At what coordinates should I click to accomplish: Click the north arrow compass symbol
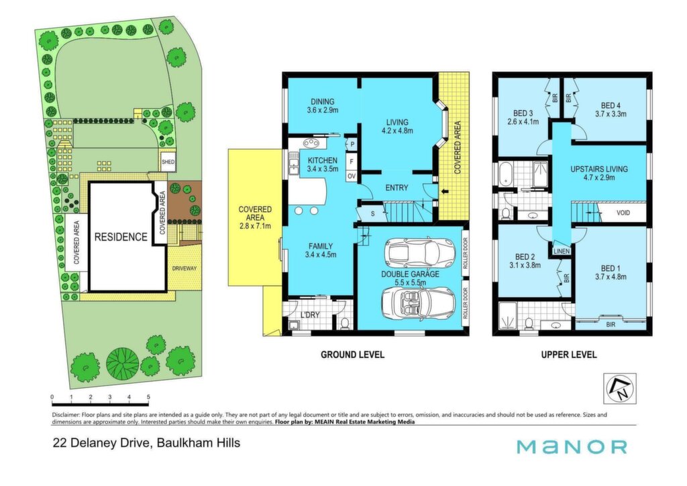619,388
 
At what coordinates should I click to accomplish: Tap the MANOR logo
572,447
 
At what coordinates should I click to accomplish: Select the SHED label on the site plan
168,162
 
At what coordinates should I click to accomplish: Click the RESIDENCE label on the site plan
121,237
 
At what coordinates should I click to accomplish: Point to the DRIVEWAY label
184,268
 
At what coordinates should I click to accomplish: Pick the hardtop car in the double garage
419,253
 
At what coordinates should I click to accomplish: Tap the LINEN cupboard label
562,251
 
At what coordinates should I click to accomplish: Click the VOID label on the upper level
623,212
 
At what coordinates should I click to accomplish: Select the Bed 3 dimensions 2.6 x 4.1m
523,122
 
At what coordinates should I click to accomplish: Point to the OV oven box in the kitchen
352,176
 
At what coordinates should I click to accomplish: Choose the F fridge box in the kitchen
352,161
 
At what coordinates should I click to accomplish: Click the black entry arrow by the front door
445,191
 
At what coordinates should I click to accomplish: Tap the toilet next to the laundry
345,323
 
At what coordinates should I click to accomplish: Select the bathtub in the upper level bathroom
505,174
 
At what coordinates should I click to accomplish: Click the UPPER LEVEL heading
569,355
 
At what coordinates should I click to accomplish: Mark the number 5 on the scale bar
148,397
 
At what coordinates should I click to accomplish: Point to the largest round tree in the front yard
122,363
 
